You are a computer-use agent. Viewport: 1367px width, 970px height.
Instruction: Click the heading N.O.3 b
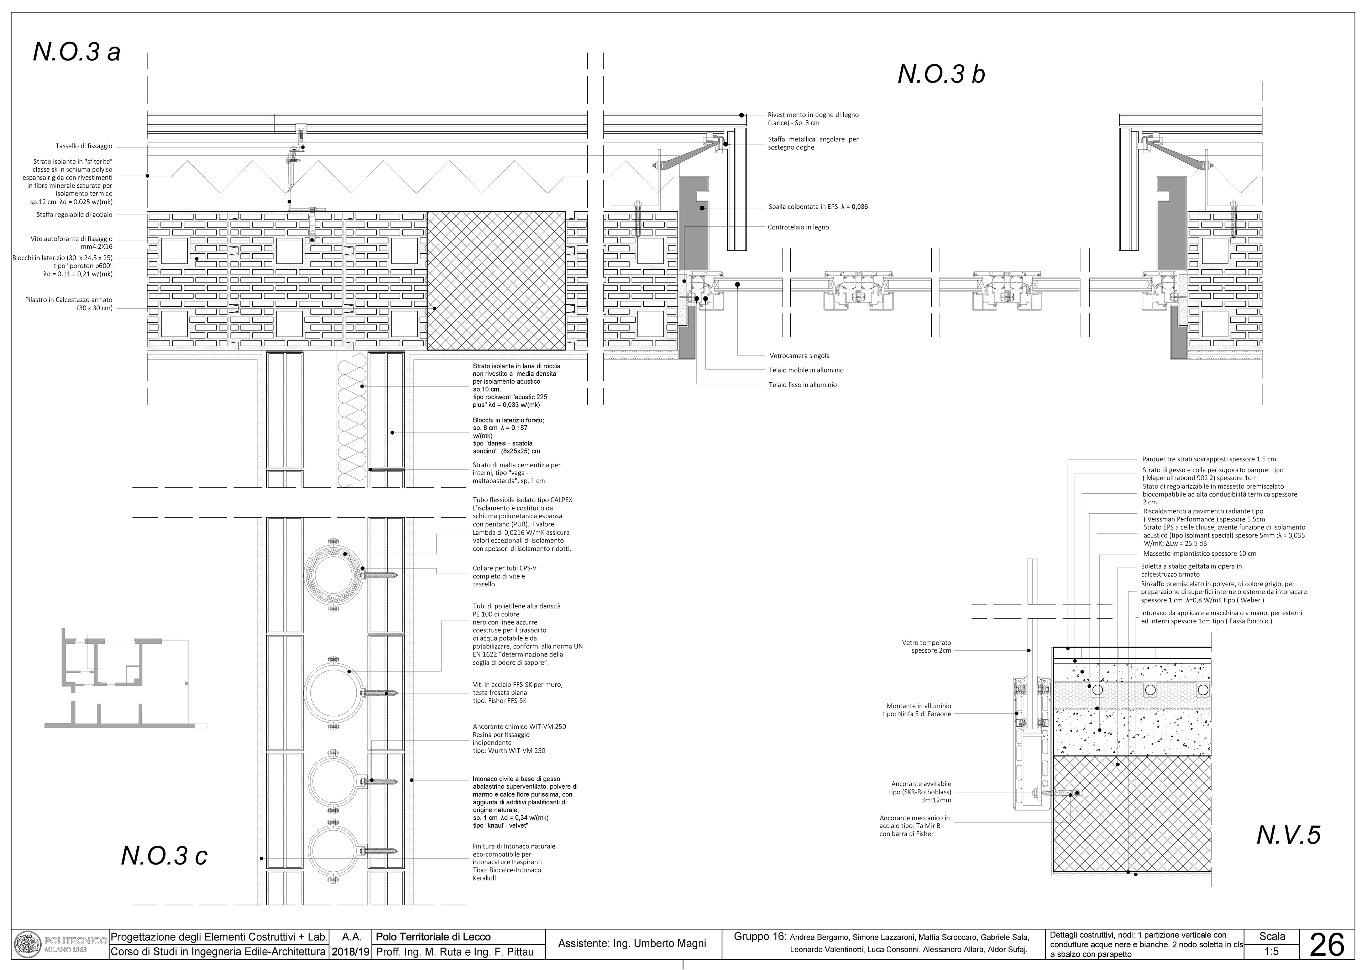click(x=941, y=74)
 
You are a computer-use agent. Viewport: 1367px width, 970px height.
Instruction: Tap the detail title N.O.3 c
click(x=164, y=855)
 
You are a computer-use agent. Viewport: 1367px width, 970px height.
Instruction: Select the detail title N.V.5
click(x=1288, y=835)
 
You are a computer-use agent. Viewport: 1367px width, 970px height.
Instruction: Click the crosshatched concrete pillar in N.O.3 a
click(x=496, y=280)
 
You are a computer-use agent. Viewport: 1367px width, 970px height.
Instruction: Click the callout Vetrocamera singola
click(x=799, y=356)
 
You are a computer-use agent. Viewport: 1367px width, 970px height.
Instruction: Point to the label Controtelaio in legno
click(x=798, y=227)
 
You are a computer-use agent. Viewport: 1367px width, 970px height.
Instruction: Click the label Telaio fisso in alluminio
click(x=802, y=385)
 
